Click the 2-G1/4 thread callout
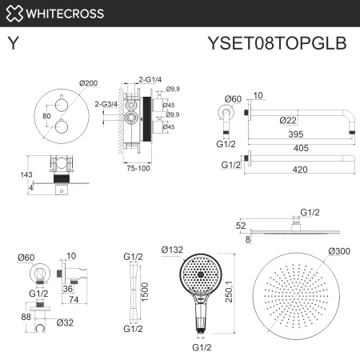(x=150, y=81)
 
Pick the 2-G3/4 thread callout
(x=106, y=103)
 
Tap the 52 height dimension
(x=241, y=226)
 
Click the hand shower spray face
(x=197, y=275)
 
